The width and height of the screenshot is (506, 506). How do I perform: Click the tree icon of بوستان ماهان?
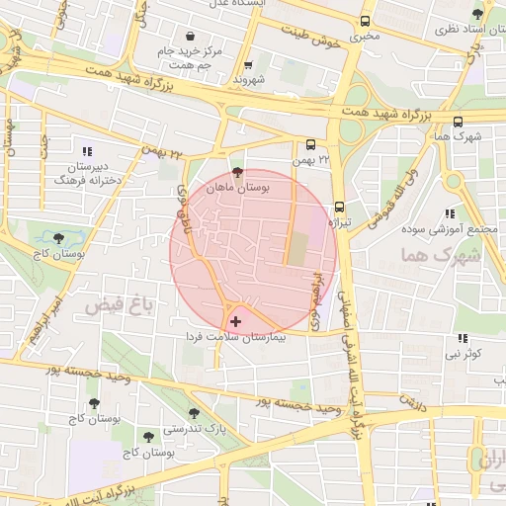(235, 171)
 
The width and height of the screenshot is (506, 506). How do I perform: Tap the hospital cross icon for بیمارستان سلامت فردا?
(234, 321)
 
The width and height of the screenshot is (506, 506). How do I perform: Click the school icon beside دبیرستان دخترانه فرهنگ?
(87, 152)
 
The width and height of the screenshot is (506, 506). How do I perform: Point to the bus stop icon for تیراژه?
(340, 208)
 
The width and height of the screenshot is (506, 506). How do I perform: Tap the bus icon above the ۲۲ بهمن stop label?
(312, 143)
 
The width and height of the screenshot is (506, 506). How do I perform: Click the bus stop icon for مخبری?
(366, 21)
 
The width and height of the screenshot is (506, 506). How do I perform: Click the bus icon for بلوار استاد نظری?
(478, 14)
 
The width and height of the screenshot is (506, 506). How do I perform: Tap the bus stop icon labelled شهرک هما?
(458, 123)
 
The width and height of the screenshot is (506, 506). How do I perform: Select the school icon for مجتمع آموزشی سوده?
(451, 212)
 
